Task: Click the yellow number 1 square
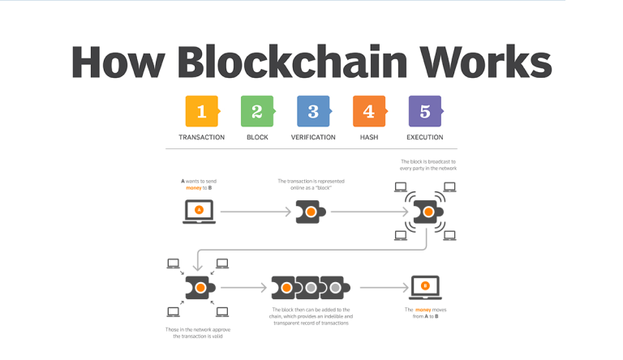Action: coord(201,111)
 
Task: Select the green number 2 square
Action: coord(257,111)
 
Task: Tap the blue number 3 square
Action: coord(313,111)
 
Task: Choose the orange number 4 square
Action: coord(368,111)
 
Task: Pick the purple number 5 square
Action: coord(424,111)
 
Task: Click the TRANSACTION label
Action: coord(201,137)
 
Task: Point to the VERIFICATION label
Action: coord(313,137)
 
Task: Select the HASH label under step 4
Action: coord(369,137)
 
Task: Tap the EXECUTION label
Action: coord(425,137)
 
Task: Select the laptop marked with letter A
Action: coord(198,212)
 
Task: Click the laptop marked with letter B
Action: coord(425,287)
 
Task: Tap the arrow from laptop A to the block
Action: coord(256,212)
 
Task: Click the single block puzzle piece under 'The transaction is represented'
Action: coord(311,212)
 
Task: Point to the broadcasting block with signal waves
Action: coord(425,212)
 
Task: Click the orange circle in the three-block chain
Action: coord(286,288)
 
